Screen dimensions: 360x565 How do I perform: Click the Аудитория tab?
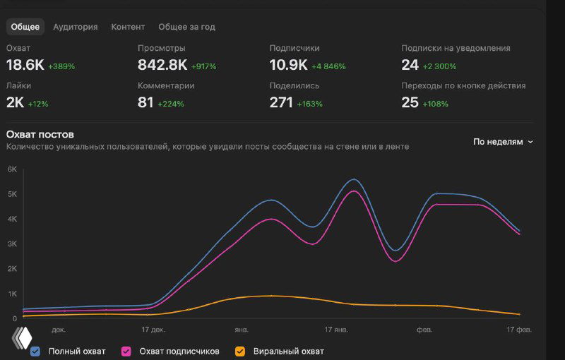coord(75,27)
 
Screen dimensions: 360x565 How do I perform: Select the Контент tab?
coord(128,27)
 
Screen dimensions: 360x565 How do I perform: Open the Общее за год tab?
coord(186,27)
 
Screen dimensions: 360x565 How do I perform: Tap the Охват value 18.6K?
coord(25,65)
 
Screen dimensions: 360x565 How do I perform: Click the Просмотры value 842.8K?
coord(162,65)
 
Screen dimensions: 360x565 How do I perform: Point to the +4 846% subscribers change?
coord(328,66)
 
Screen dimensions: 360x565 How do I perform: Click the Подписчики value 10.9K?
coord(288,65)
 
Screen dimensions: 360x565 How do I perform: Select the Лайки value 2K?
coord(15,102)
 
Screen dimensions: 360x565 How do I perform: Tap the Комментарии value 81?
coord(145,102)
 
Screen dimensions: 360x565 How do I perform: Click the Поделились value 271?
coord(281,102)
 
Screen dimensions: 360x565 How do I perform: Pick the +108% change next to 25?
coord(436,104)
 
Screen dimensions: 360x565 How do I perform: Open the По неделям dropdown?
coord(503,142)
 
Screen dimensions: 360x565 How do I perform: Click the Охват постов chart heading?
coord(40,134)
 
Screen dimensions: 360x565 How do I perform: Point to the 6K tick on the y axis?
coord(12,169)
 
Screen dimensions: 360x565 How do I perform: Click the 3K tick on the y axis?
coord(12,244)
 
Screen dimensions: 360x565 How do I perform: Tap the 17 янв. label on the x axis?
coord(336,329)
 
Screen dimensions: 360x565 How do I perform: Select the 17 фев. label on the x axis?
coord(518,329)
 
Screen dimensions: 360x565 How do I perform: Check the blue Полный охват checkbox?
coord(35,351)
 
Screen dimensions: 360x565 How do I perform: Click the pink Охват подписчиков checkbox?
coord(126,351)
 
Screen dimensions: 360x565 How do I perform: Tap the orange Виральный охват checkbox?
coord(240,351)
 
